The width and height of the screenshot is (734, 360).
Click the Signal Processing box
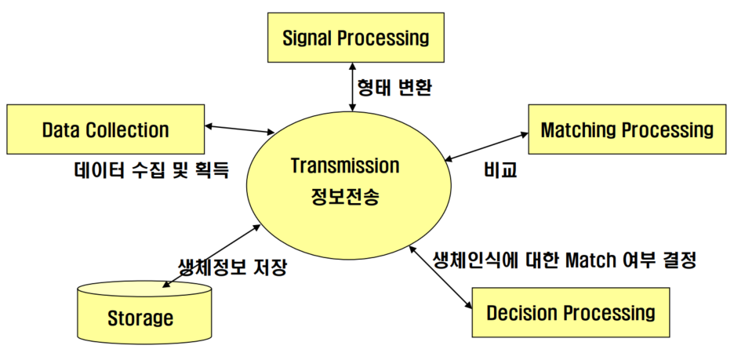(x=355, y=37)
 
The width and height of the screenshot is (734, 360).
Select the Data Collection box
(x=105, y=129)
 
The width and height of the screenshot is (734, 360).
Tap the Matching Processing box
(x=627, y=129)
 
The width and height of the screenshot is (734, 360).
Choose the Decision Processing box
(x=570, y=313)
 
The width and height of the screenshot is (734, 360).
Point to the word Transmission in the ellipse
(x=344, y=166)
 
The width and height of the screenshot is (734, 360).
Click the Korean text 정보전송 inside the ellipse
(x=345, y=196)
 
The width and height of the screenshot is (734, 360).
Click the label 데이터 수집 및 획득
(x=147, y=170)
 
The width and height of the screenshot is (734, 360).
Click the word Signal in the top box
(x=308, y=37)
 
